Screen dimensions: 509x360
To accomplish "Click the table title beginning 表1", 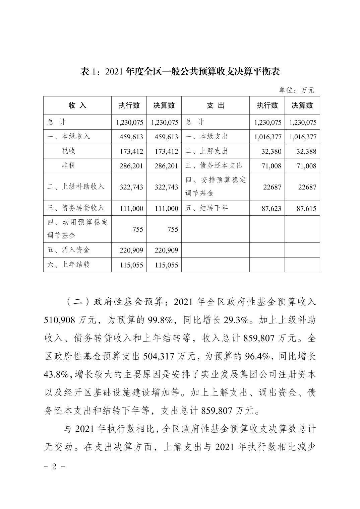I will click(180, 72).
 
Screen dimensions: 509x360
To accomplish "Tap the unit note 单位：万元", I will click(297, 90).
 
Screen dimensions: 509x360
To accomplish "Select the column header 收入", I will click(77, 105).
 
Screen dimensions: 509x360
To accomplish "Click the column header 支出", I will click(216, 105).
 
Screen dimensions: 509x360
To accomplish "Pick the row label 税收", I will click(68, 151).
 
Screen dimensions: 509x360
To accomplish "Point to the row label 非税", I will click(68, 165).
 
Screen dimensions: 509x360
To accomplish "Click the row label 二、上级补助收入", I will click(76, 187).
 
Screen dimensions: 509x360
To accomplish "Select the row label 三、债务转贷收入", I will click(76, 208).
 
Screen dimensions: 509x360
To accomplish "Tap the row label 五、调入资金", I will click(68, 250).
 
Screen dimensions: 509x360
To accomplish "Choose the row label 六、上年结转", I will click(68, 265).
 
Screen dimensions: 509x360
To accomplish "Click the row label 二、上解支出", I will click(206, 151).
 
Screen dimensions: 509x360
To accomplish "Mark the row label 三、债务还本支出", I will click(214, 165).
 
